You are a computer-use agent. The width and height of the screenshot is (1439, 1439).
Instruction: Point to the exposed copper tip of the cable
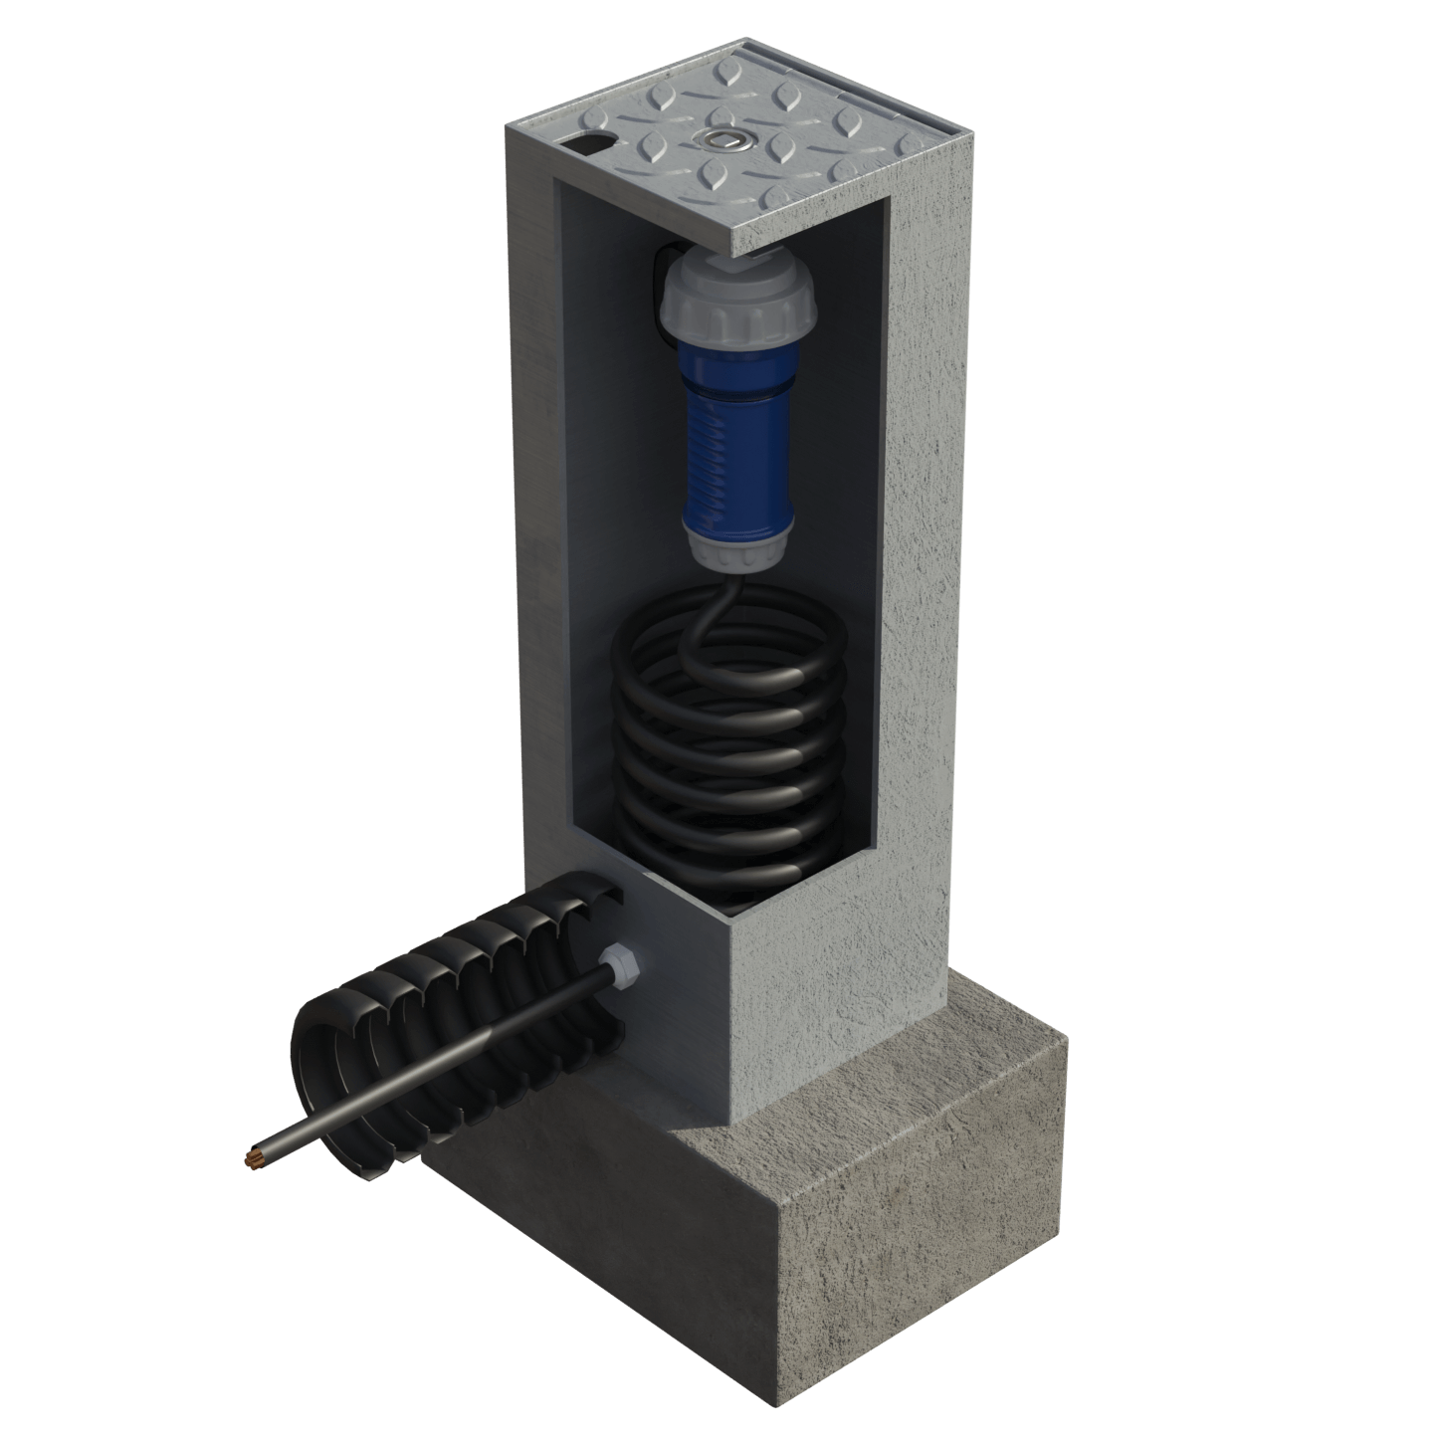point(252,1158)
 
